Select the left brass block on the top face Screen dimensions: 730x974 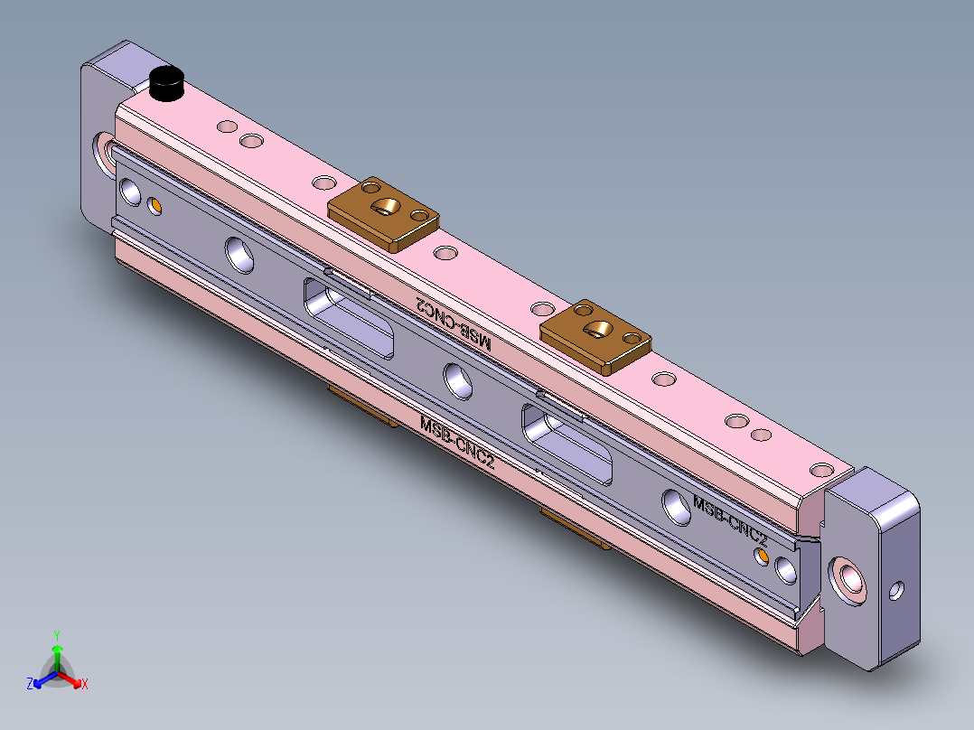coord(384,214)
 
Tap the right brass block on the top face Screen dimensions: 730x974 coord(595,335)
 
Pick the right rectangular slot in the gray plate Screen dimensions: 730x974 coord(567,441)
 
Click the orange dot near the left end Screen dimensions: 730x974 coord(155,207)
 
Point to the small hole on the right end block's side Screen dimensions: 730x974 coord(895,591)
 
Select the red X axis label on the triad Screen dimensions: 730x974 coord(84,684)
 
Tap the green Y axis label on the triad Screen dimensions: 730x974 coord(56,634)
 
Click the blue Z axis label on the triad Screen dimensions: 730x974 coord(30,684)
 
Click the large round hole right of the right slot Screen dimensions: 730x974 coord(676,504)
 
